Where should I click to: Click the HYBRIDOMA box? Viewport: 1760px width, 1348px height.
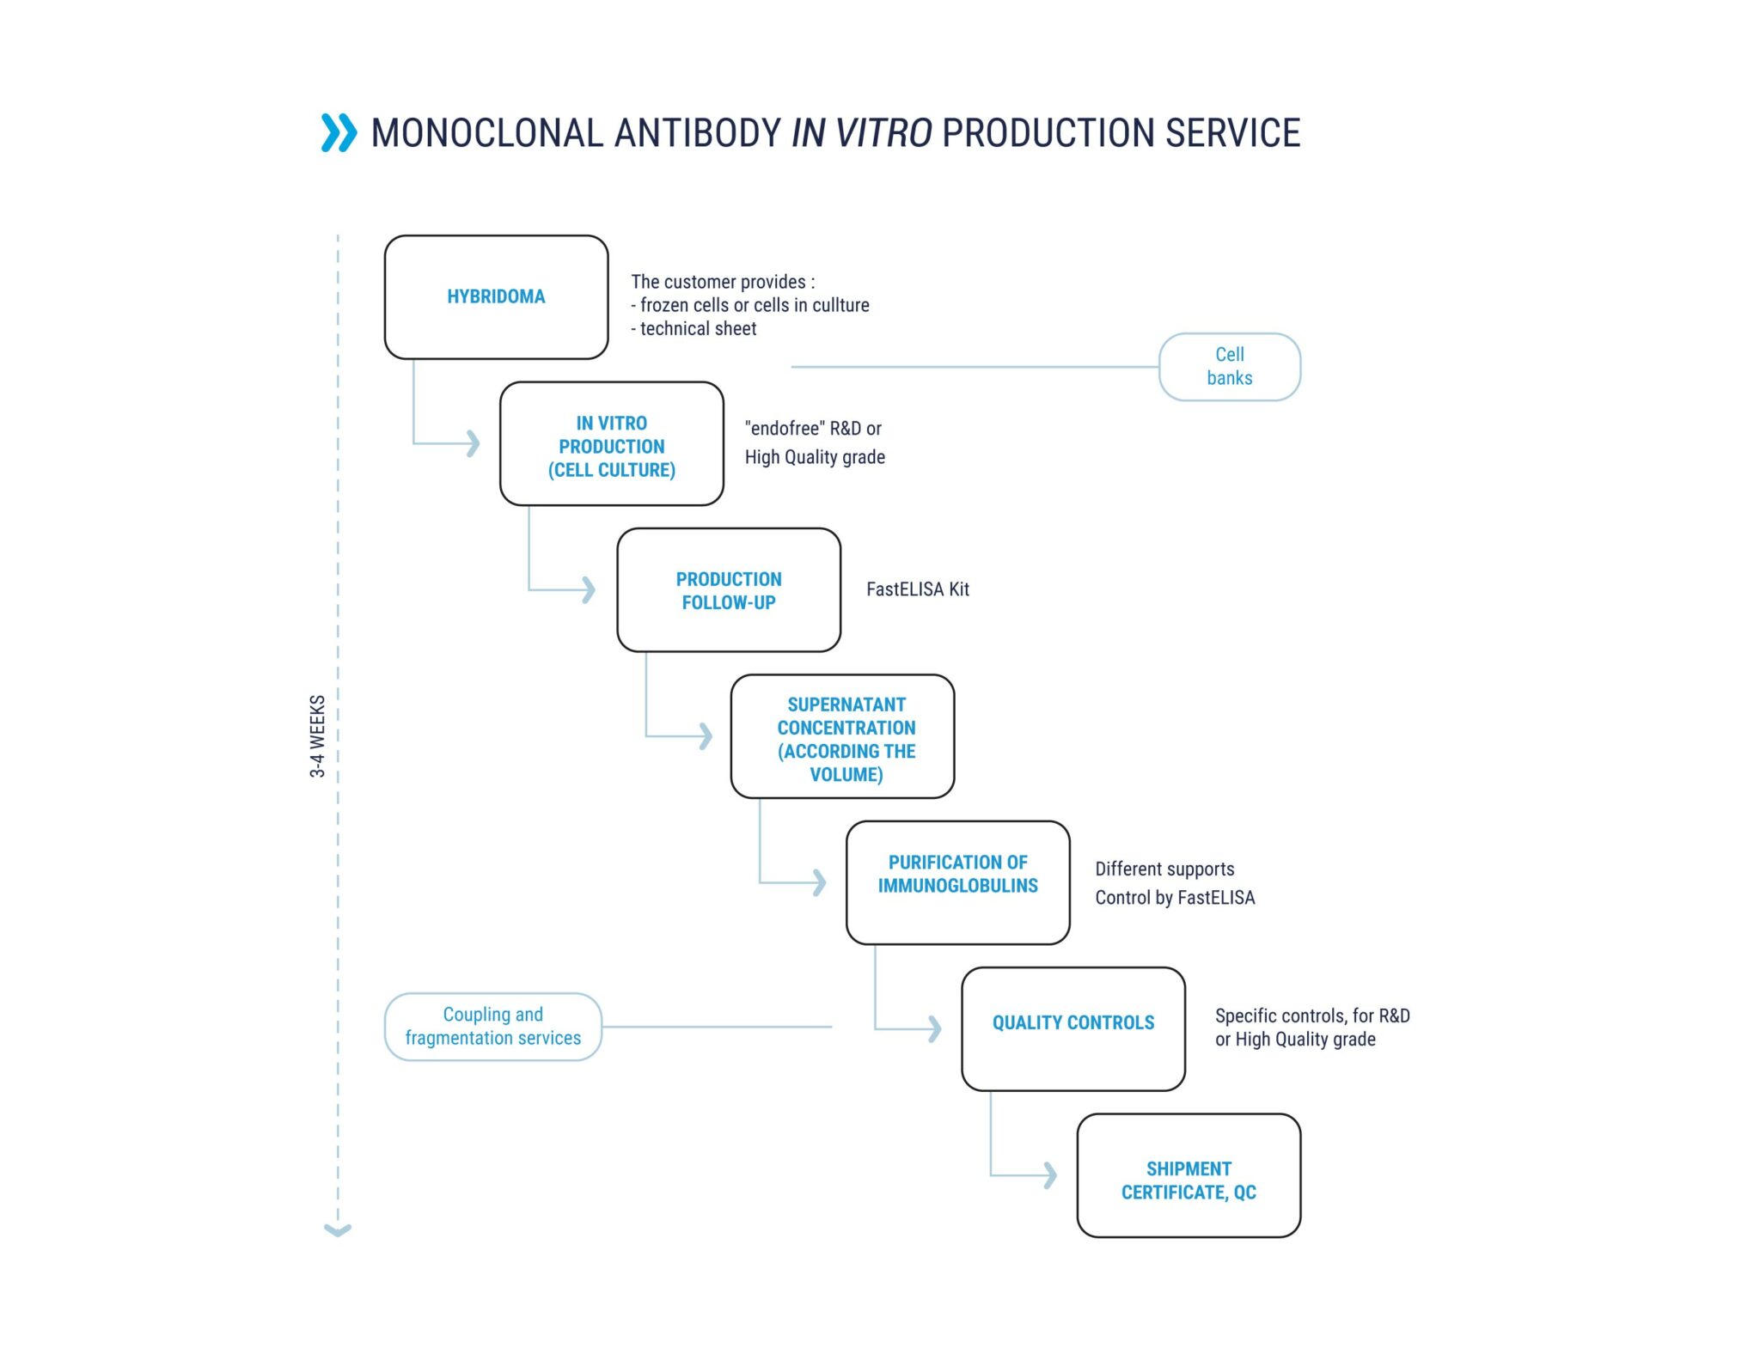[496, 296]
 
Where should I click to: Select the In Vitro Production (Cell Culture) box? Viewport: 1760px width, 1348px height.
[611, 443]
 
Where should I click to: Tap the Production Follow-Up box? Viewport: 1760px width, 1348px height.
[728, 589]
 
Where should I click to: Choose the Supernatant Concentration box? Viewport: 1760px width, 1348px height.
[842, 736]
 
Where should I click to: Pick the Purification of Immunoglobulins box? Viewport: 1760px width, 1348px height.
[957, 882]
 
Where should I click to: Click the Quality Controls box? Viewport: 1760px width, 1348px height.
[1073, 1028]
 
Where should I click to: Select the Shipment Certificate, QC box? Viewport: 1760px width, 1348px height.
[1189, 1175]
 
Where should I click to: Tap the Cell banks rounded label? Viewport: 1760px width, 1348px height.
[1229, 367]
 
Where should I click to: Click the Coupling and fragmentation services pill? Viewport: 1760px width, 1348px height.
[492, 1027]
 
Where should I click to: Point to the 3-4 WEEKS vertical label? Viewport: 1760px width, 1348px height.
[317, 736]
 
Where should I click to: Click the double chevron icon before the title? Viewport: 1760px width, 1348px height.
[339, 132]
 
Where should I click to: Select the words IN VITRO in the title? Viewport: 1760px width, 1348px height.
[861, 133]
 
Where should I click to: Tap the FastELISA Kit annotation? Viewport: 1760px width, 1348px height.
[917, 589]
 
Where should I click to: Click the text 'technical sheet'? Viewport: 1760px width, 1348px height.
[698, 328]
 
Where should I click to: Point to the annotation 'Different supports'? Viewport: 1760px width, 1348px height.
[1164, 869]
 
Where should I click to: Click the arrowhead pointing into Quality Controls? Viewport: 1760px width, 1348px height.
[935, 1028]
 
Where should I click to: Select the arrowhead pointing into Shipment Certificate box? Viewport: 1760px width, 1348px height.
[1050, 1174]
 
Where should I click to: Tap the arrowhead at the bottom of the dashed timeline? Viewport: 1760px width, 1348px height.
[338, 1230]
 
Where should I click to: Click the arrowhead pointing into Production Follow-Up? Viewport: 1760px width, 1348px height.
[589, 589]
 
